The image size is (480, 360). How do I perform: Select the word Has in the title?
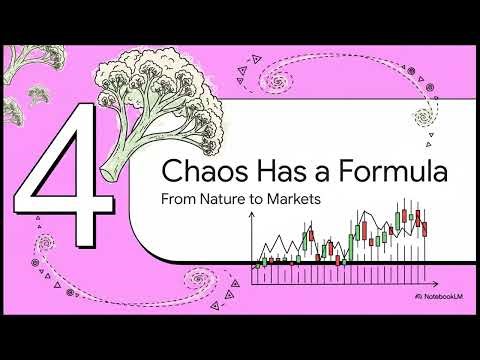(x=264, y=172)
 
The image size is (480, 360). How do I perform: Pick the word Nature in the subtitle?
(x=225, y=199)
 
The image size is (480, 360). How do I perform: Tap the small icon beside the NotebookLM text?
(x=415, y=299)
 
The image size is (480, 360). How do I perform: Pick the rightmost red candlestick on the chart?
(x=425, y=229)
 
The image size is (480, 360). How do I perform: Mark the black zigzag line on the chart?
(x=300, y=240)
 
